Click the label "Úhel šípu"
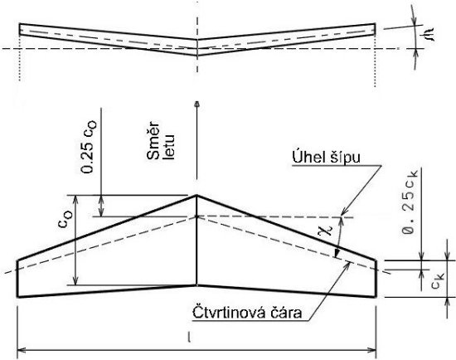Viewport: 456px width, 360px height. [x=327, y=158]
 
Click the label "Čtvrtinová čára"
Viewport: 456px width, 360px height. [x=247, y=313]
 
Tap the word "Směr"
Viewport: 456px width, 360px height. [x=153, y=140]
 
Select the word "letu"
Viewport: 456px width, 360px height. [x=169, y=148]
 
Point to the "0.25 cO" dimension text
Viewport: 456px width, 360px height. [x=89, y=148]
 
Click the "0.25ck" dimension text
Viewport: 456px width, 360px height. [x=410, y=202]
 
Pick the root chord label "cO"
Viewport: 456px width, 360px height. [x=65, y=220]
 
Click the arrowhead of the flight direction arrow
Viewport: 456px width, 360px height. [x=197, y=105]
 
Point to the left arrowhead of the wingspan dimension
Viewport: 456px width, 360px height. [x=22, y=350]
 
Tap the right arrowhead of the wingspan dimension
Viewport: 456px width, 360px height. [x=372, y=350]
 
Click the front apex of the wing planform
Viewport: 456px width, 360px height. [x=196, y=195]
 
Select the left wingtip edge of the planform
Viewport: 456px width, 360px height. [x=17, y=279]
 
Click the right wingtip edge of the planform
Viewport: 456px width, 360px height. [x=376, y=279]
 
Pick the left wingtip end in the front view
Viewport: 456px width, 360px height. [x=20, y=29]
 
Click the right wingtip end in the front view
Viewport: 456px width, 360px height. [x=375, y=29]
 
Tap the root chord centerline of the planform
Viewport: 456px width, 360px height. [x=196, y=240]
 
